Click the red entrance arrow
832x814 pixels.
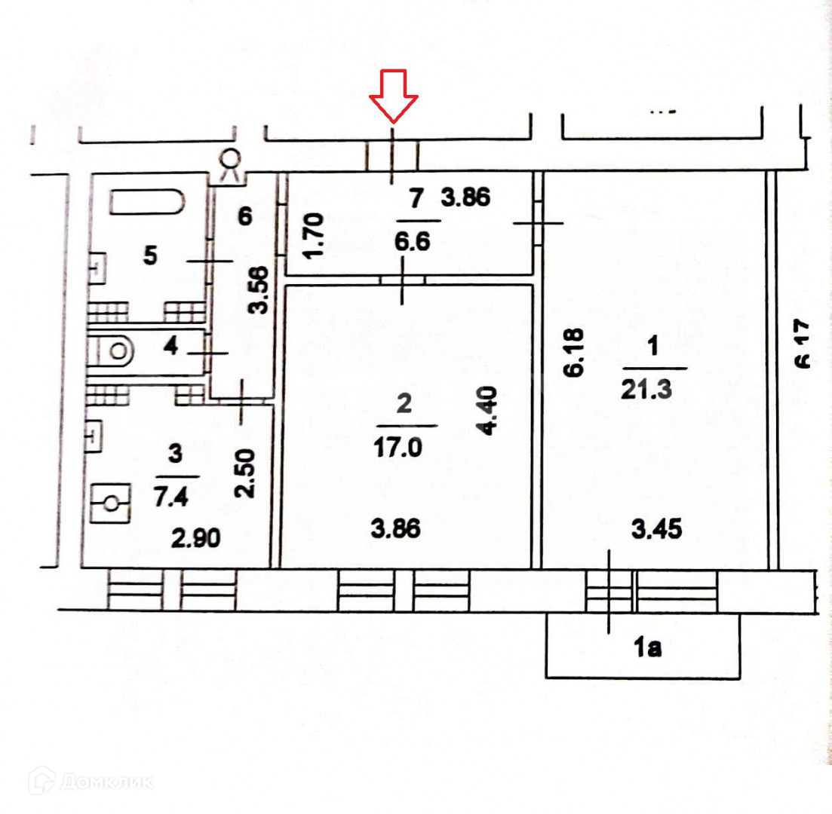(x=394, y=96)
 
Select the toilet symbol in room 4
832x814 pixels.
(x=117, y=350)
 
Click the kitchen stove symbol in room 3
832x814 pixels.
(x=110, y=503)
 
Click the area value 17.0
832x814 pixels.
(x=403, y=448)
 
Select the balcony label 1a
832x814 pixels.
(x=646, y=647)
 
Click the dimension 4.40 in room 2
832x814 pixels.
(x=490, y=411)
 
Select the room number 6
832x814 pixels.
(x=244, y=217)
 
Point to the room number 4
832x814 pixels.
(x=170, y=348)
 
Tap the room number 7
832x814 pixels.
(x=413, y=199)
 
